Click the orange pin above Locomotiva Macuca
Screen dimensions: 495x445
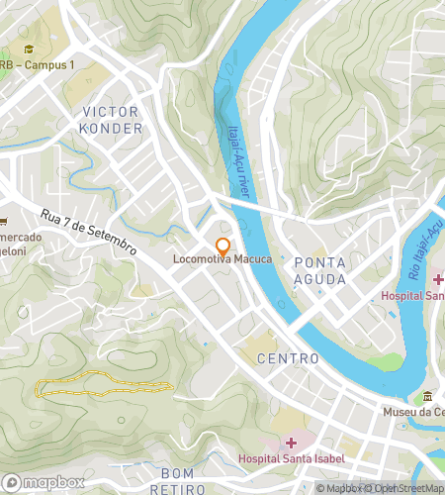pyautogui.click(x=222, y=246)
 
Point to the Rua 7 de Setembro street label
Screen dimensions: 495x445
pyautogui.click(x=89, y=234)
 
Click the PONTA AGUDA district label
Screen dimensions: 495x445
pyautogui.click(x=319, y=271)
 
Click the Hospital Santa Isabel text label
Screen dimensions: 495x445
pyautogui.click(x=289, y=458)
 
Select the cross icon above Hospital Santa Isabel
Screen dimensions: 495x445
pyautogui.click(x=290, y=442)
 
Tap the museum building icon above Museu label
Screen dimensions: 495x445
pyautogui.click(x=428, y=396)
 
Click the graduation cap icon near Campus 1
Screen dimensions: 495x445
pyautogui.click(x=30, y=49)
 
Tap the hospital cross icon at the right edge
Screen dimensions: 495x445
pyautogui.click(x=437, y=280)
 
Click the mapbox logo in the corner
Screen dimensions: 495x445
pyautogui.click(x=40, y=482)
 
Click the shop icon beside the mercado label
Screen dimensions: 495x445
pyautogui.click(x=3, y=222)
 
